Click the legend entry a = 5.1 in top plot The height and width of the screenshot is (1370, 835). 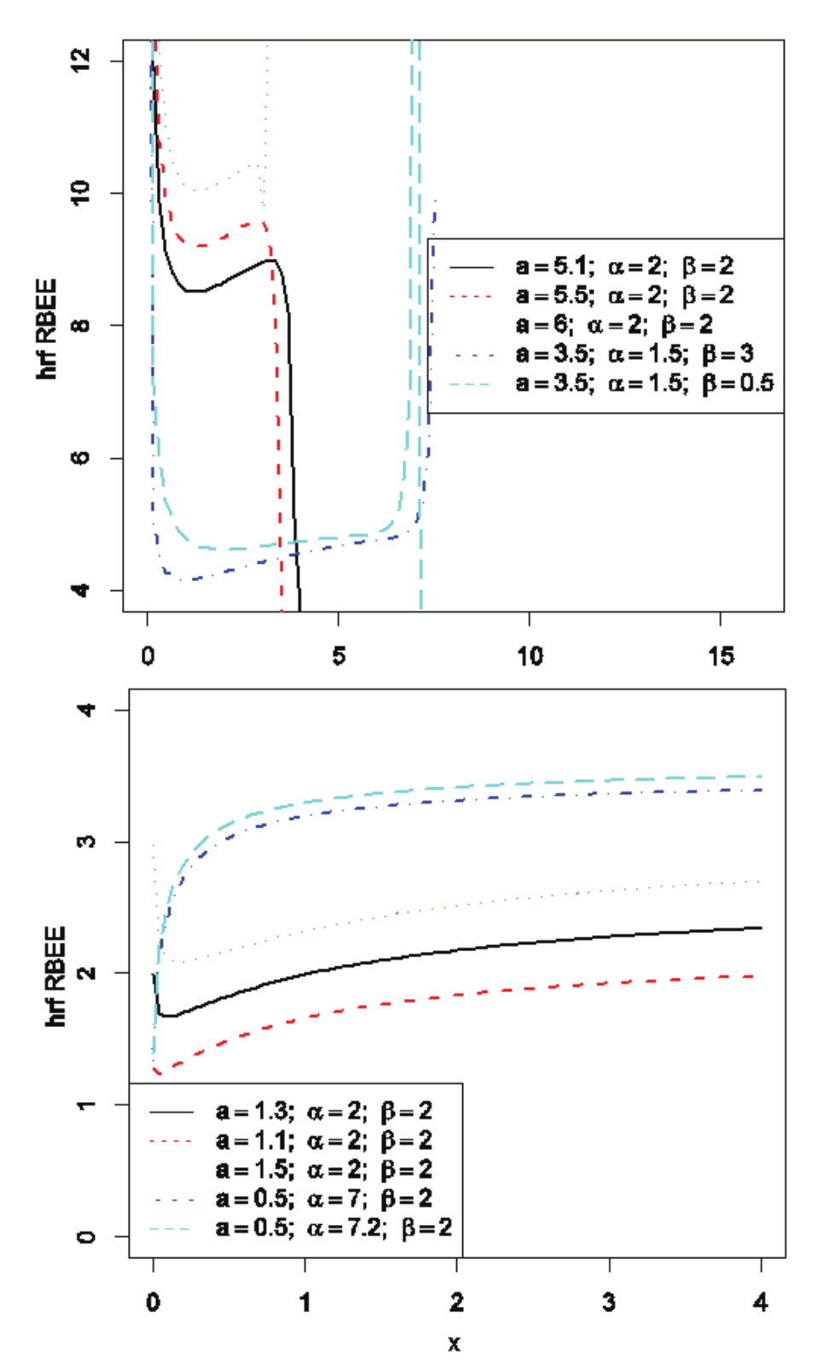[623, 266]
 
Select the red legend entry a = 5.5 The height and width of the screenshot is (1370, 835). [623, 295]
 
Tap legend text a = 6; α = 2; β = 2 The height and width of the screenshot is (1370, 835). [613, 325]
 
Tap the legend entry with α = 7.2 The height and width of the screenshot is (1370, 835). [333, 1228]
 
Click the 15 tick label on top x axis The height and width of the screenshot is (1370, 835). [721, 655]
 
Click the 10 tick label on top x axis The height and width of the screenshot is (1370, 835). [530, 655]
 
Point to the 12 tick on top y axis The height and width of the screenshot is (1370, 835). [80, 61]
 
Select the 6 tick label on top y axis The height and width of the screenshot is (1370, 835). [80, 458]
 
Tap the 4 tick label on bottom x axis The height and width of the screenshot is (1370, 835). [761, 1302]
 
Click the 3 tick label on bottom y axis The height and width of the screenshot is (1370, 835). [86, 842]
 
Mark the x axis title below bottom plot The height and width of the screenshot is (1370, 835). [455, 1344]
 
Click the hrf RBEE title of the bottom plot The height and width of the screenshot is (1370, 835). [55, 976]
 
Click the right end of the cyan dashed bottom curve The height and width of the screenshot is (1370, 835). [760, 776]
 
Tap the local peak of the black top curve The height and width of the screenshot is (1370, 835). [271, 260]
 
